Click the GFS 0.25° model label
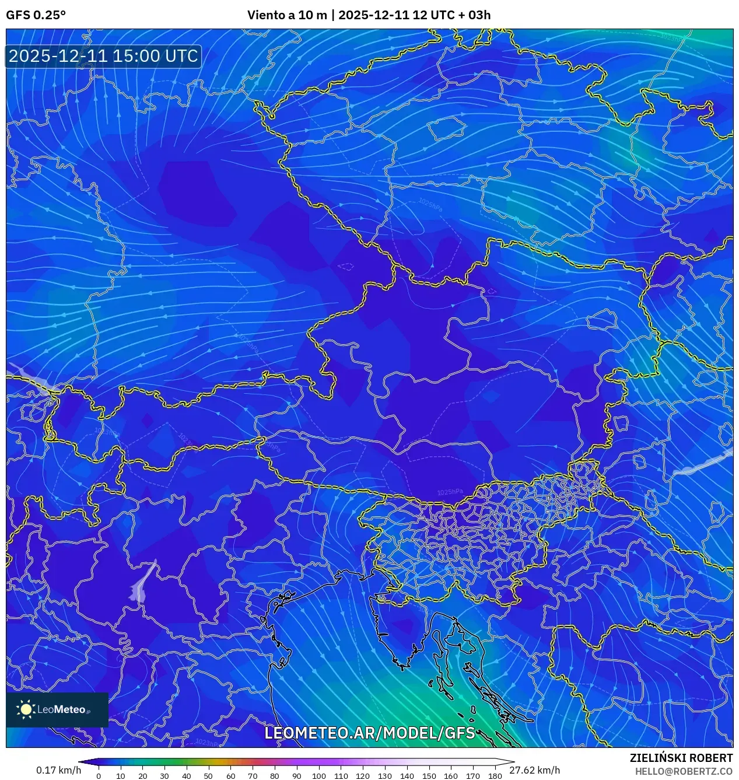[x=36, y=15]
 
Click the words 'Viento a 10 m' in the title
[x=287, y=15]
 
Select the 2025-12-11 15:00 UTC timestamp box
[x=103, y=56]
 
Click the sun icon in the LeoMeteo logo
[x=26, y=709]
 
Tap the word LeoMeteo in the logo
[x=61, y=710]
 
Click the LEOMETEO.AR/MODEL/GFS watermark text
[x=370, y=733]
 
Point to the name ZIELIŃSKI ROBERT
[x=681, y=758]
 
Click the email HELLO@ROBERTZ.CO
[x=684, y=771]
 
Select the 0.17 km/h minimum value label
[x=58, y=770]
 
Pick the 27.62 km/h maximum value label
[x=534, y=770]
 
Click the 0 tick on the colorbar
[x=99, y=776]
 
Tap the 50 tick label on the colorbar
[x=208, y=776]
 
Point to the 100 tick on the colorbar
[x=318, y=776]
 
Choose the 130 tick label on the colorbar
[x=384, y=776]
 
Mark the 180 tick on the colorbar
[x=495, y=776]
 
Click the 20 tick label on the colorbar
[x=142, y=776]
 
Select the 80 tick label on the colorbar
[x=274, y=776]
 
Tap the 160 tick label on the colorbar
[x=450, y=776]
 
